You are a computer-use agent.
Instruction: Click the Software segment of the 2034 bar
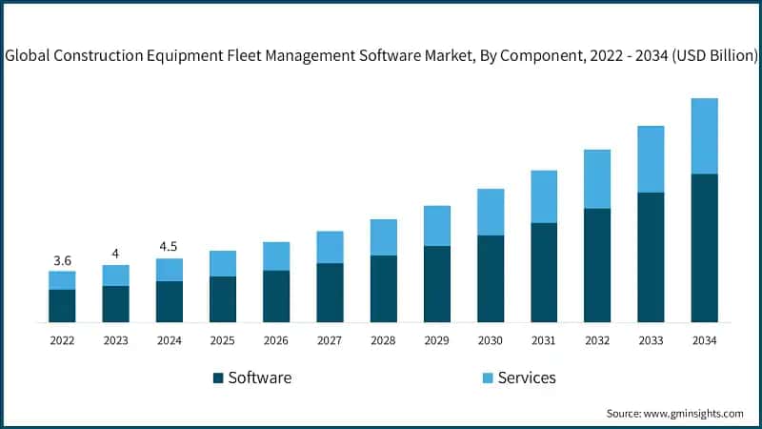[704, 248]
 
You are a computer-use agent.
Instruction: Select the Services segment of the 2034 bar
[704, 136]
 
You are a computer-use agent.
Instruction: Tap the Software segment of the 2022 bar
[62, 305]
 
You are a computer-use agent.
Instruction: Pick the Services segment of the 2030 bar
[491, 212]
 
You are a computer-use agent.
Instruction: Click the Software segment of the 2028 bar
[383, 289]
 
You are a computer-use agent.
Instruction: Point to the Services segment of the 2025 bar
[223, 263]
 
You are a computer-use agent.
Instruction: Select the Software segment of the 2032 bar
[597, 265]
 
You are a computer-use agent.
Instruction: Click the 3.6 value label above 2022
[62, 260]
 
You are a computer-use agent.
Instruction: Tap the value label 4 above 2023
[115, 254]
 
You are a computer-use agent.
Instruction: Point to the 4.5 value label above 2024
[169, 247]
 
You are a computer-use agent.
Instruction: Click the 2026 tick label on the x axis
[276, 340]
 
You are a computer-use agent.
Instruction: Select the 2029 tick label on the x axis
[437, 340]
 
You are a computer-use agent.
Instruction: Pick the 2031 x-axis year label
[544, 340]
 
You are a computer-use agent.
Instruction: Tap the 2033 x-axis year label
[651, 340]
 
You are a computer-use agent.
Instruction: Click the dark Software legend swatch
[218, 378]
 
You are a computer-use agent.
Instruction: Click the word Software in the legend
[259, 378]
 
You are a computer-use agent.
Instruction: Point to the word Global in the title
[28, 57]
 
